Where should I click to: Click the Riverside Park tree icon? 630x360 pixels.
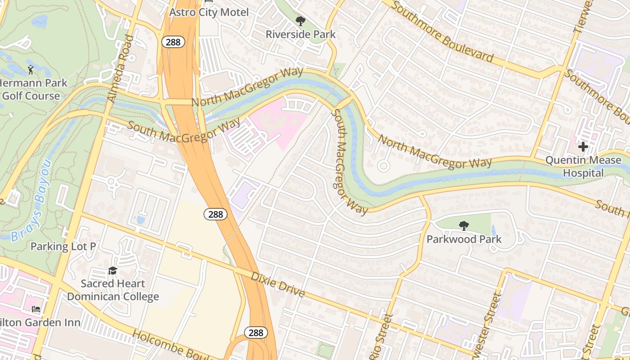[x=300, y=21]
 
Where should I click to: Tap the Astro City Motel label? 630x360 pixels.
[x=209, y=12]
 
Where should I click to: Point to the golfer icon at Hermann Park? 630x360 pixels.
[x=31, y=70]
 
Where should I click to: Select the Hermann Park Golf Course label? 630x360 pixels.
[x=31, y=90]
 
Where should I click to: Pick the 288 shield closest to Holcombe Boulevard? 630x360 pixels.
[x=256, y=333]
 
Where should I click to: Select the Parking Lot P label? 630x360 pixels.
[x=63, y=246]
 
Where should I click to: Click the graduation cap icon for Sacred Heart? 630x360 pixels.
[x=112, y=270]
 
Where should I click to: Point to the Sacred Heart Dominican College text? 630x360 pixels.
[x=112, y=290]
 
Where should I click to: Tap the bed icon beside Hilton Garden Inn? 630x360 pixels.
[x=36, y=309]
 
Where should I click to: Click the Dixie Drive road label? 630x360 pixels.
[x=277, y=284]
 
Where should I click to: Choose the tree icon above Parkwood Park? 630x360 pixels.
[x=463, y=225]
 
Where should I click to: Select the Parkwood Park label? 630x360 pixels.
[x=463, y=239]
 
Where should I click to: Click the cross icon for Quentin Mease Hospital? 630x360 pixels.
[x=583, y=147]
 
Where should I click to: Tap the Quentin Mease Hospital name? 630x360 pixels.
[x=583, y=166]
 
